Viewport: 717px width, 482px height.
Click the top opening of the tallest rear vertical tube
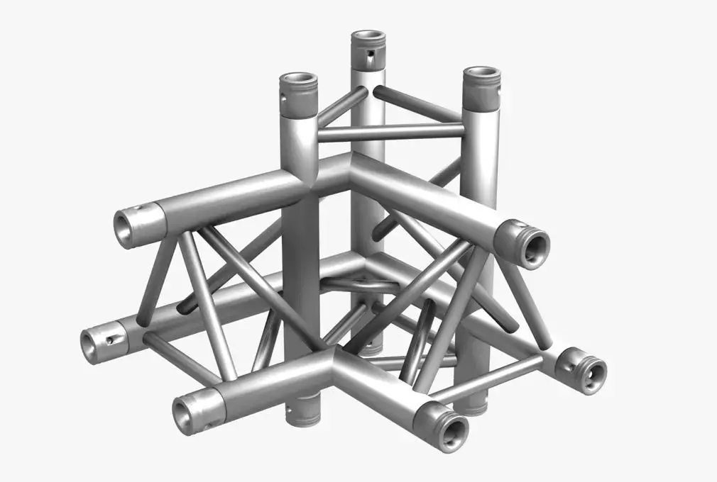[x=368, y=35]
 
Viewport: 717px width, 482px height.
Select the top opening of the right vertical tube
[x=482, y=74]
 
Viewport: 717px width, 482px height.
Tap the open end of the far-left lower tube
[x=91, y=345]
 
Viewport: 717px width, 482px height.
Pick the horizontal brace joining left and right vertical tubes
[x=390, y=132]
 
